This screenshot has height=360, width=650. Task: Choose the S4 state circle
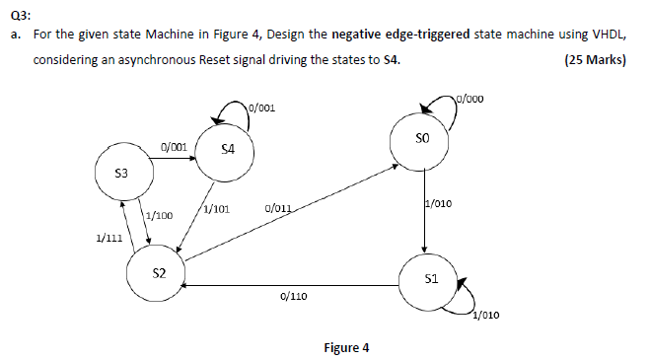coord(228,150)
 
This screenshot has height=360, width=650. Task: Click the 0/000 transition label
coord(470,98)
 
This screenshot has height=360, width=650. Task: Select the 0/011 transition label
coord(279,209)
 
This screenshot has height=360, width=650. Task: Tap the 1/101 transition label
coord(216,209)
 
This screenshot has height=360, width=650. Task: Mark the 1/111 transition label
coord(109,238)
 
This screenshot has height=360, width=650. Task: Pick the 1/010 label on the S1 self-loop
coord(486,316)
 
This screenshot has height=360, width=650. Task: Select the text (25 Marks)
coord(594,60)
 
